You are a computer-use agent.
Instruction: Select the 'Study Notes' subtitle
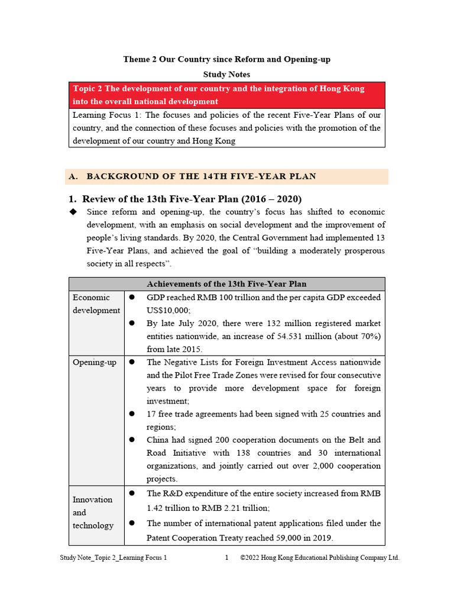[x=226, y=75]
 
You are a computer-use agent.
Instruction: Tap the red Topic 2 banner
[x=226, y=95]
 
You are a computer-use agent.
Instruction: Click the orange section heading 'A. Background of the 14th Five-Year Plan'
[x=201, y=176]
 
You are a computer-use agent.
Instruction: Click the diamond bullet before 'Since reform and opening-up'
[x=73, y=212]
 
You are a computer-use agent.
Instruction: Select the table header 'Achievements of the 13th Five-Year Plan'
[x=226, y=284]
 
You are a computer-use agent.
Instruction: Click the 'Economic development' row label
[x=96, y=304]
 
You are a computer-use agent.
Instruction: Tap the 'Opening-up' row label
[x=95, y=362]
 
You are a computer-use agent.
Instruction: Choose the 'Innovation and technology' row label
[x=93, y=512]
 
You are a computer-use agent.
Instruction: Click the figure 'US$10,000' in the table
[x=168, y=311]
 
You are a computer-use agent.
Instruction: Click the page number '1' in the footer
[x=226, y=557]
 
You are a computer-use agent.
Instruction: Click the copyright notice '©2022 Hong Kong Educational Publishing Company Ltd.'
[x=320, y=557]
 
